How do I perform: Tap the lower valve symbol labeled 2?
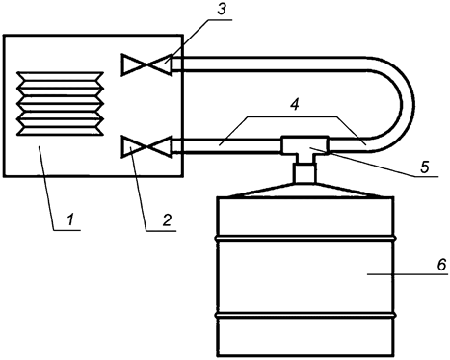pyautogui.click(x=146, y=147)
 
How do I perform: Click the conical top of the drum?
pyautogui.click(x=304, y=190)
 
